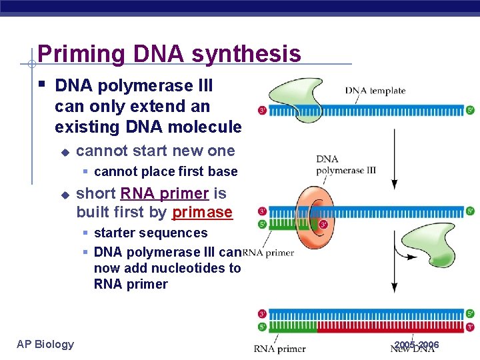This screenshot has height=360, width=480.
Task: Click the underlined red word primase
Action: pyautogui.click(x=202, y=213)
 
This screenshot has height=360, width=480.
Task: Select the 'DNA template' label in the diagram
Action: pyautogui.click(x=375, y=91)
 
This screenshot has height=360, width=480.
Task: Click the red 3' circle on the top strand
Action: pyautogui.click(x=263, y=110)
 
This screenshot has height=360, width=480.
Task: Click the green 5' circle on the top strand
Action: pyautogui.click(x=470, y=110)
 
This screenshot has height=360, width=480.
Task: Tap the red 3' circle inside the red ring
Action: pyautogui.click(x=323, y=224)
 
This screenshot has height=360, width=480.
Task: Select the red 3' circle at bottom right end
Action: pyautogui.click(x=470, y=327)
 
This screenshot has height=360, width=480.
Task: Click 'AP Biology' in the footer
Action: pyautogui.click(x=45, y=344)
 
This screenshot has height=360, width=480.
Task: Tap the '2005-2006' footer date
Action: pyautogui.click(x=417, y=345)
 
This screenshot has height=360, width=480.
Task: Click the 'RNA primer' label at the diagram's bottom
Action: pyautogui.click(x=280, y=348)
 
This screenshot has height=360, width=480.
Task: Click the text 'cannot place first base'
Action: pyautogui.click(x=165, y=171)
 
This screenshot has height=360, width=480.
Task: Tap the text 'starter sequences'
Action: pyautogui.click(x=151, y=233)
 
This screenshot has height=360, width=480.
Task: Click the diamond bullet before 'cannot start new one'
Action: pyautogui.click(x=65, y=151)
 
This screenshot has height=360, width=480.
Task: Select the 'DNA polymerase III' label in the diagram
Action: pyautogui.click(x=345, y=165)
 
